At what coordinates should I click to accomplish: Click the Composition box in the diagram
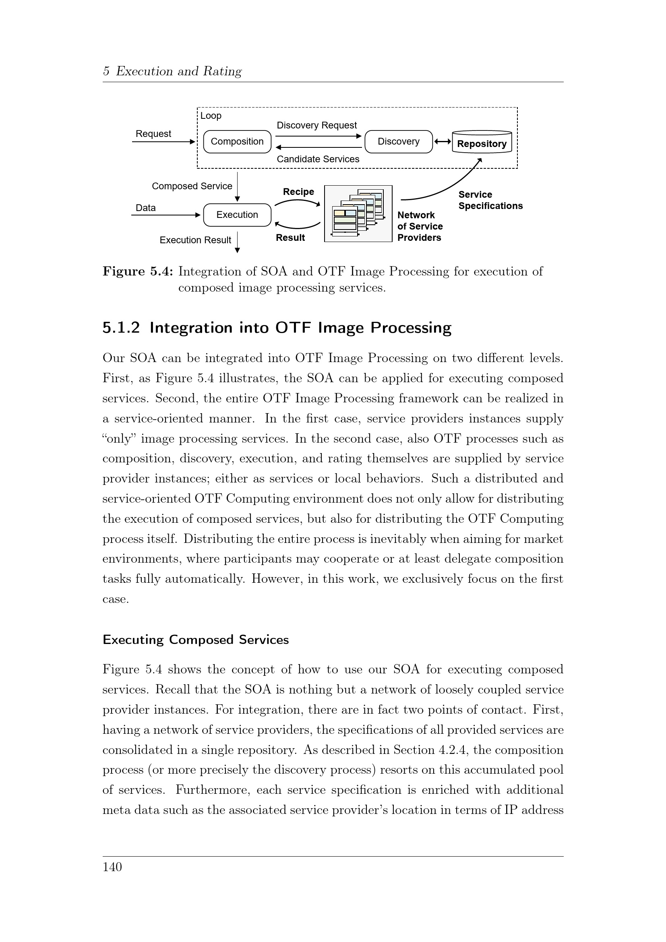(237, 141)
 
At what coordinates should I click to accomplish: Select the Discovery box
(398, 141)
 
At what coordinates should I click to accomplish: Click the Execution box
(237, 215)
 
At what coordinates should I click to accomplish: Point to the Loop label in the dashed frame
(211, 116)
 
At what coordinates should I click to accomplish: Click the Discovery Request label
(316, 125)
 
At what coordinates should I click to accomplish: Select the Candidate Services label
(318, 159)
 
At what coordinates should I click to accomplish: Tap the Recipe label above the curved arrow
(298, 192)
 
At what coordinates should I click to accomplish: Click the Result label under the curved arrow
(290, 238)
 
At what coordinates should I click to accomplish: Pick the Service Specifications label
(490, 200)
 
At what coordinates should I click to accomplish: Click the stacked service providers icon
(358, 213)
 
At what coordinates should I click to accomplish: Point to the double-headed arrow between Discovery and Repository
(442, 141)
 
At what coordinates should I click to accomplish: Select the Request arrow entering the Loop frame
(163, 142)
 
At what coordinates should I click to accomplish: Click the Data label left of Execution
(146, 208)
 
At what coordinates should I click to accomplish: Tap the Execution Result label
(195, 240)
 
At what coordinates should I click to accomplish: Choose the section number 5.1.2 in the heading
(121, 328)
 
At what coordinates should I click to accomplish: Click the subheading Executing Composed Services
(196, 640)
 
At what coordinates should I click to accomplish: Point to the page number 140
(112, 867)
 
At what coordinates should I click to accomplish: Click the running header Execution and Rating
(179, 71)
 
